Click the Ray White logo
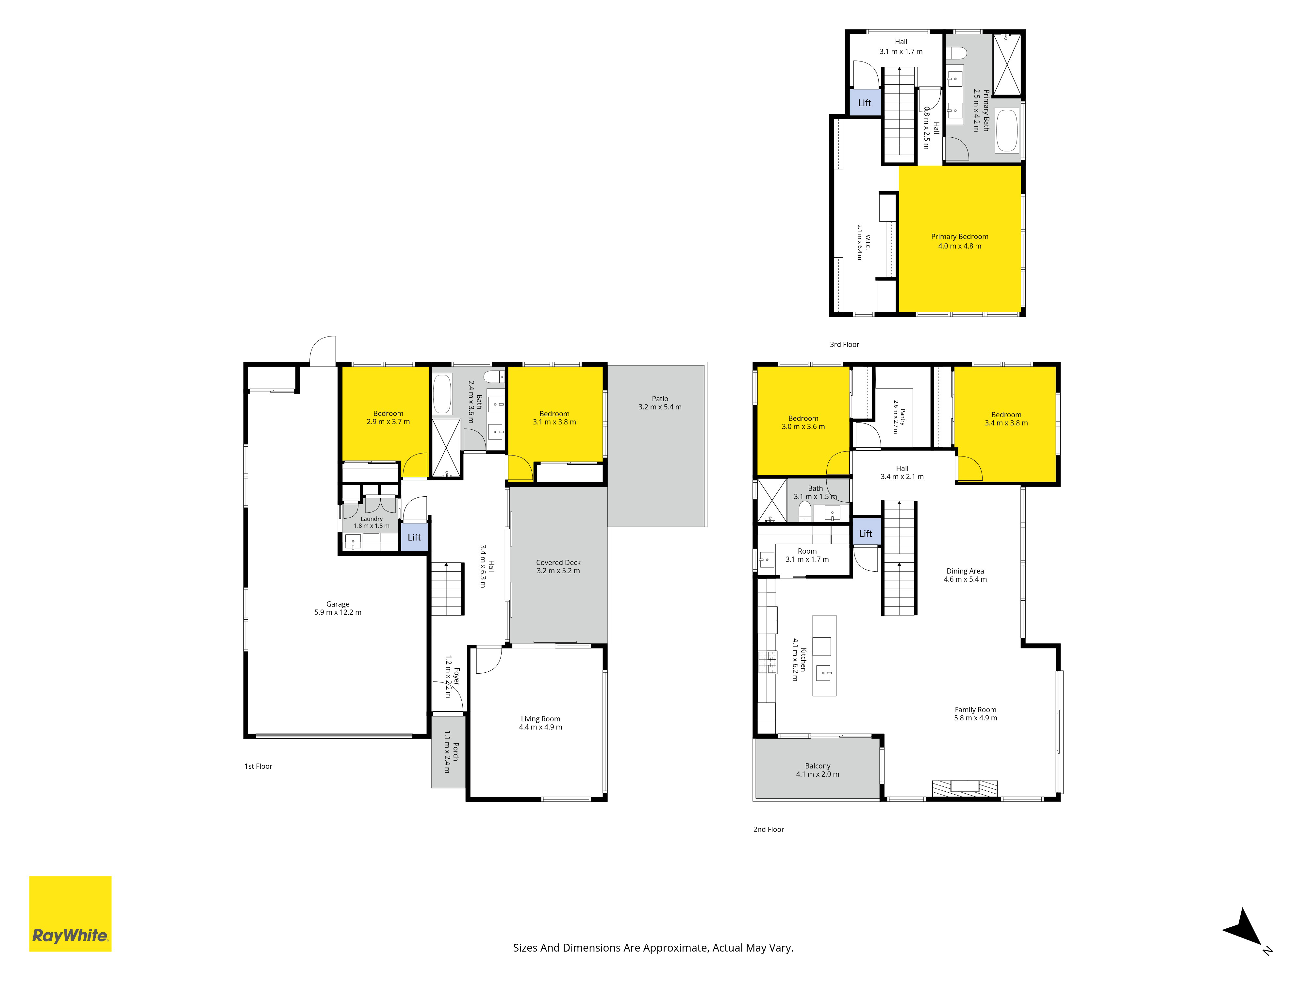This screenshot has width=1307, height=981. pos(70,914)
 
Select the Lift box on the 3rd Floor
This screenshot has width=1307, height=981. pos(865,103)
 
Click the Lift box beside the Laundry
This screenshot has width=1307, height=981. pos(414,537)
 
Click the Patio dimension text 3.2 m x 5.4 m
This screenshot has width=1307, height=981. pos(660,407)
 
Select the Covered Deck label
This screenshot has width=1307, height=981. pos(558,562)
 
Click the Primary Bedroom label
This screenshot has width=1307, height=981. pos(960,236)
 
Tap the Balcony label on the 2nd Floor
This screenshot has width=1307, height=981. pos(818,766)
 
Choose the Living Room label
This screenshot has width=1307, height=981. pos(541,719)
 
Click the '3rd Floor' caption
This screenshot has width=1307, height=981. pos(844,344)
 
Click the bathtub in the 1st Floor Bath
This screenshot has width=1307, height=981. pos(442,393)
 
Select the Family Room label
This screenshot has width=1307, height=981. pos(976,710)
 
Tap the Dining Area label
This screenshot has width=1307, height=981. pos(966,571)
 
